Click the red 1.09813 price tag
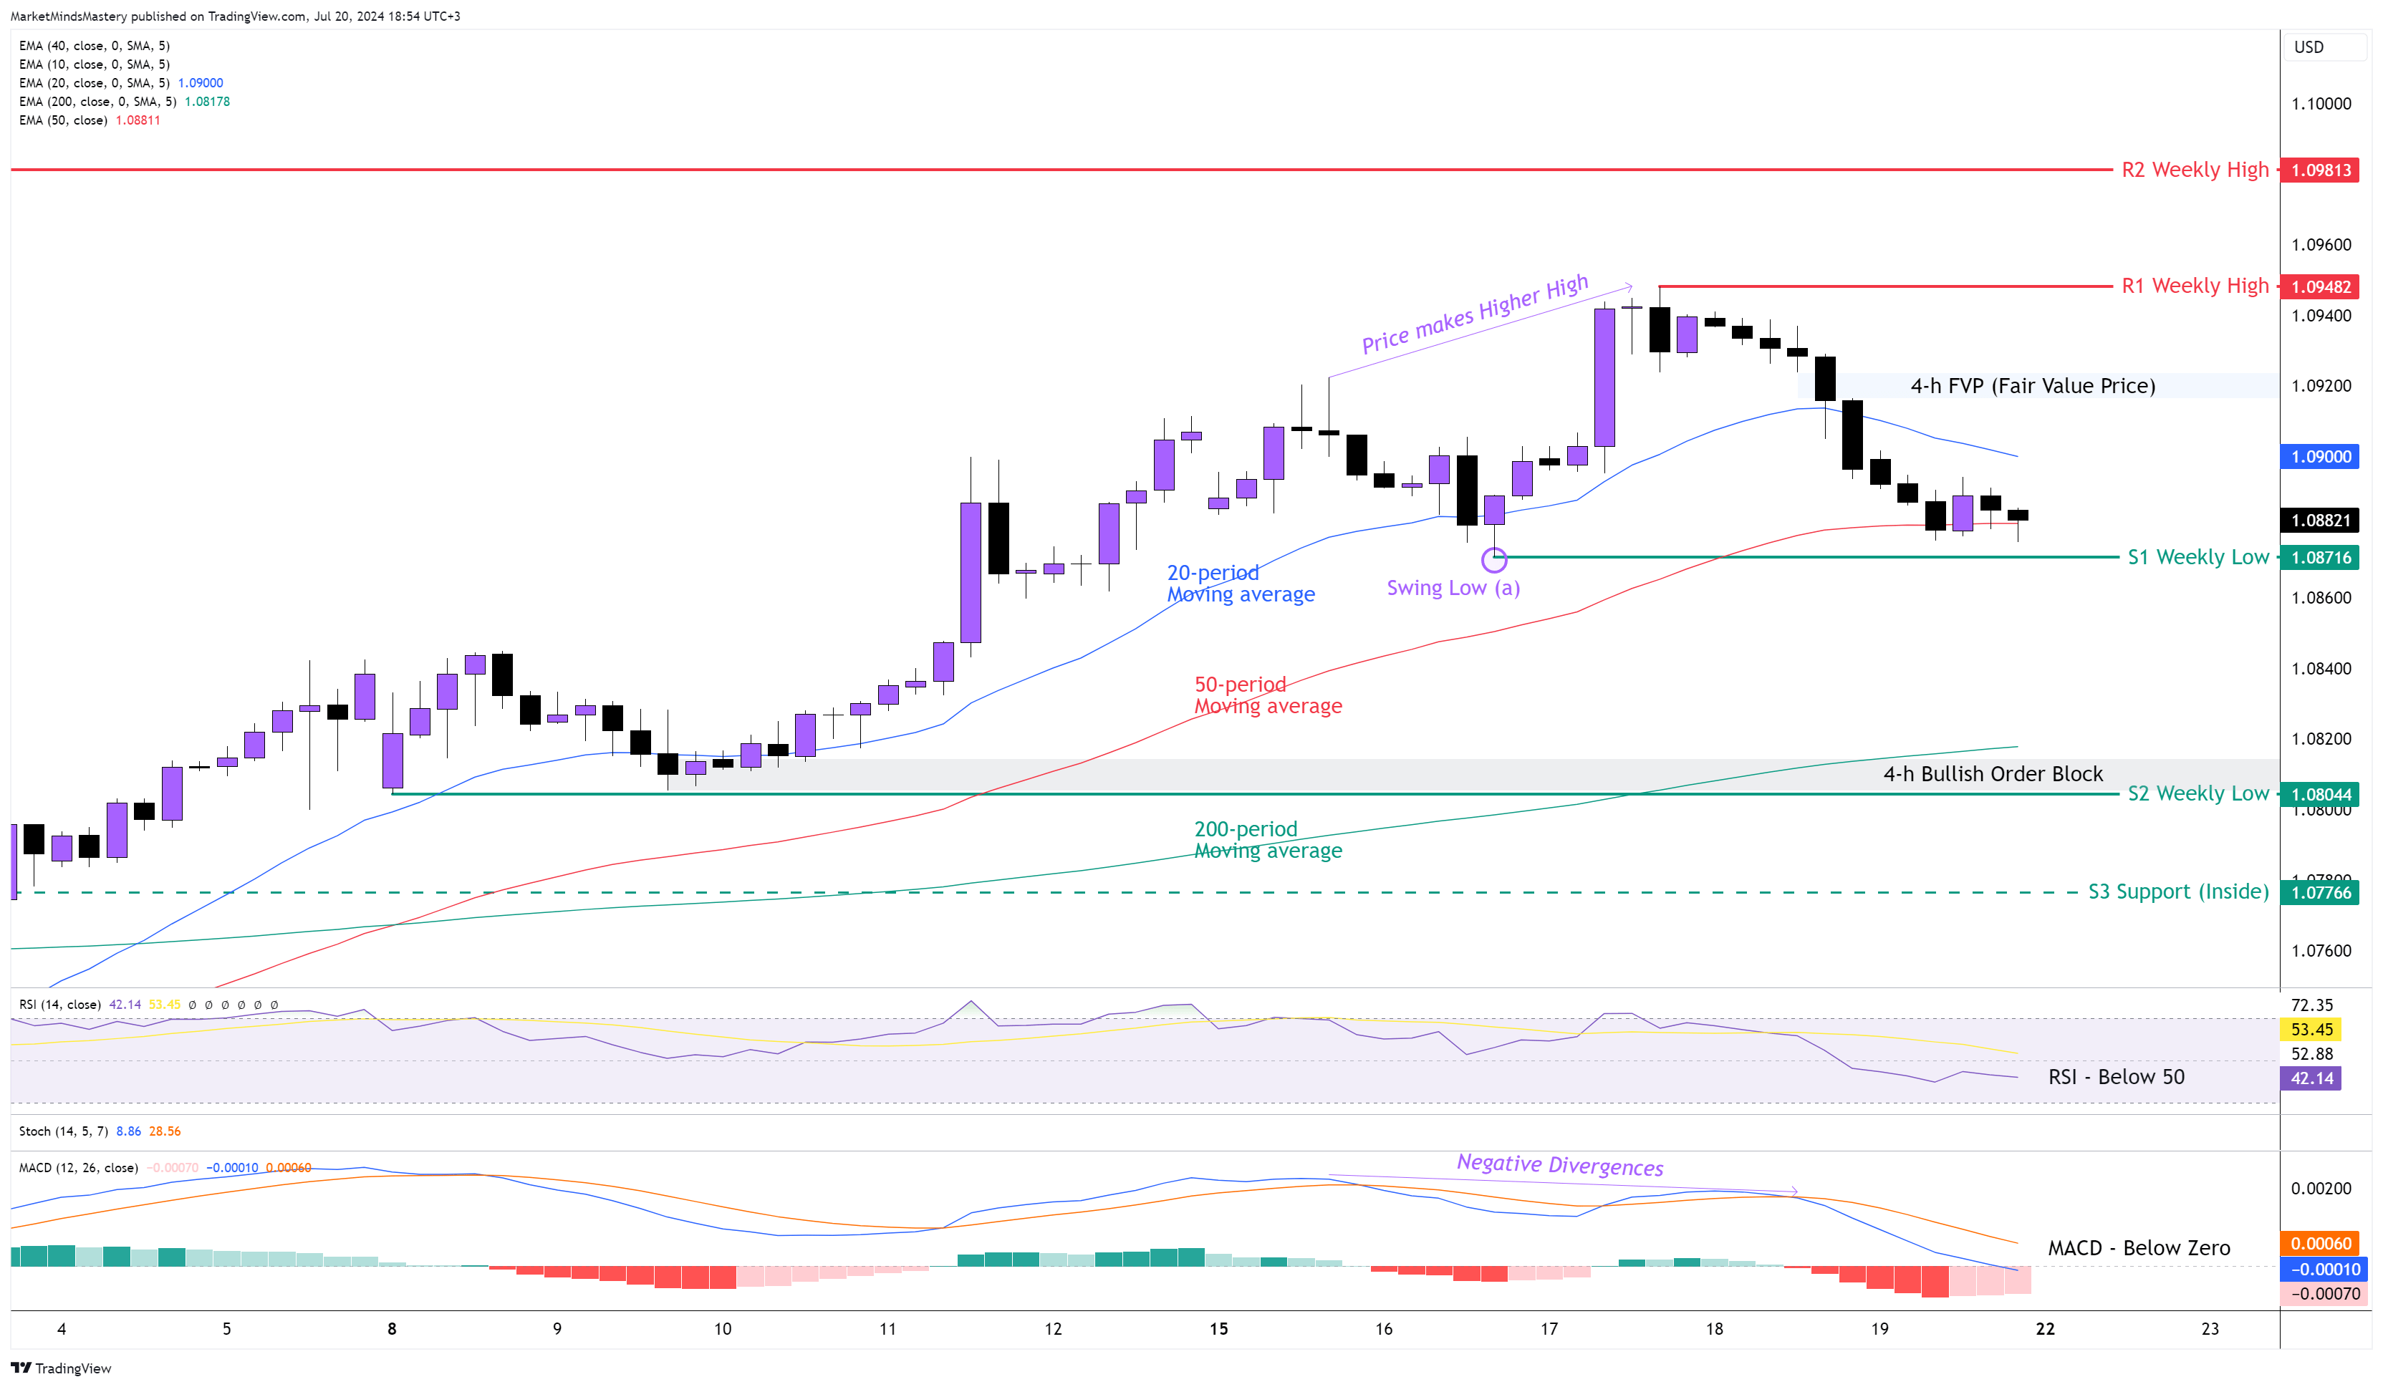[2320, 170]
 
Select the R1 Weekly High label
[2194, 286]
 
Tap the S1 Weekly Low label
[2197, 557]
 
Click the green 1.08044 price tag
[2320, 794]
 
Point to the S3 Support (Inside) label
[2178, 891]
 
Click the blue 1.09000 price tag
[2320, 457]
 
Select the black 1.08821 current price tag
[2320, 520]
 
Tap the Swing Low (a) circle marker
[1493, 560]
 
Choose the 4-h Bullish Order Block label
[1993, 773]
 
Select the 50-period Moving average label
[1267, 695]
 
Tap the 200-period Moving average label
[1267, 839]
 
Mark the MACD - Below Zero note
[2138, 1248]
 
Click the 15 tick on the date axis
[1218, 1328]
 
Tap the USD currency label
[2309, 47]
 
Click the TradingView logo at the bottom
[62, 1368]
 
